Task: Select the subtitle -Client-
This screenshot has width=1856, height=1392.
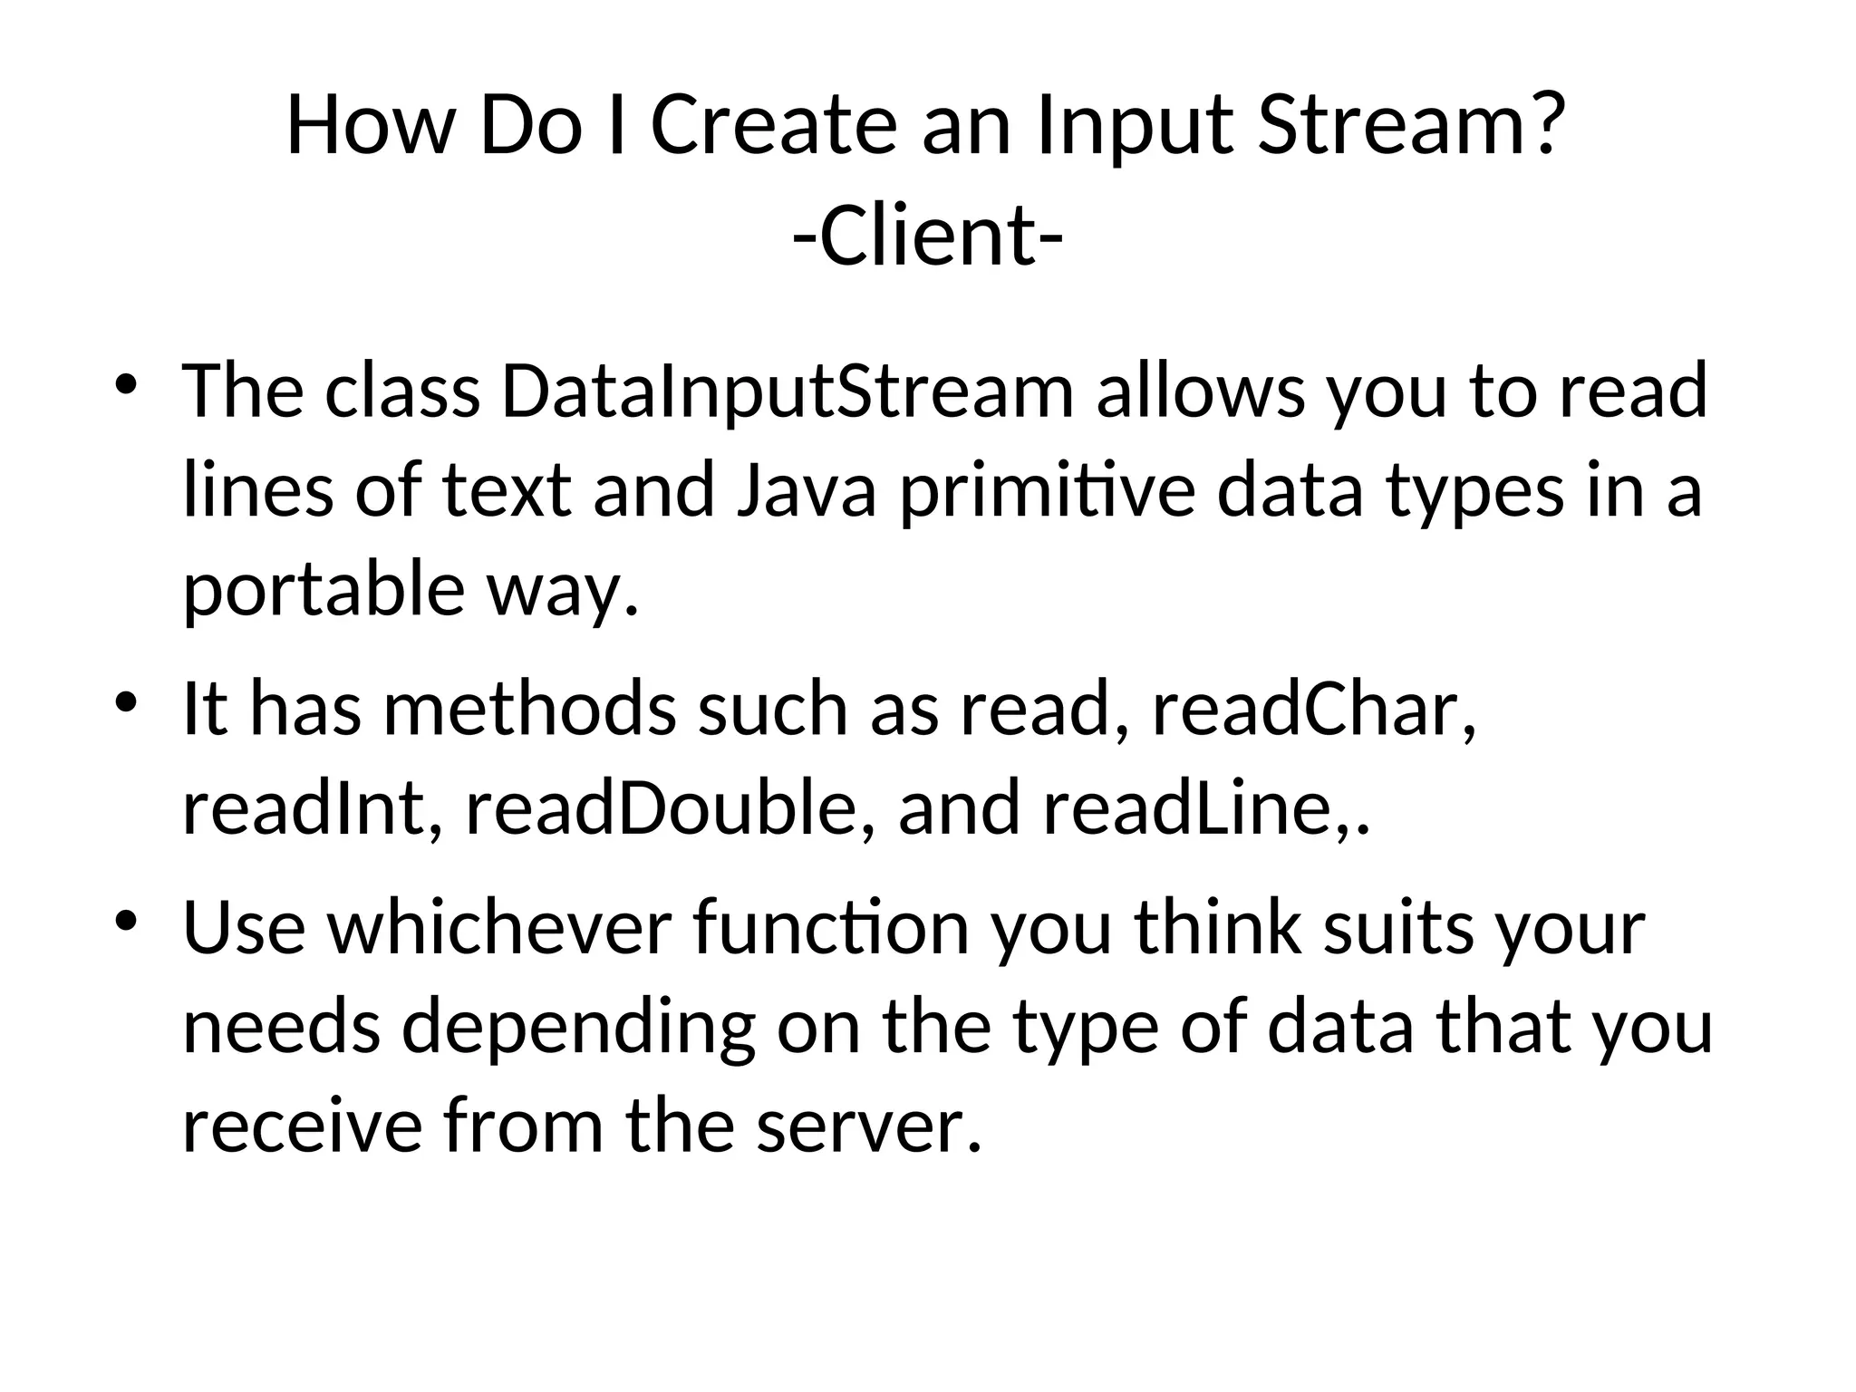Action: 927,237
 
